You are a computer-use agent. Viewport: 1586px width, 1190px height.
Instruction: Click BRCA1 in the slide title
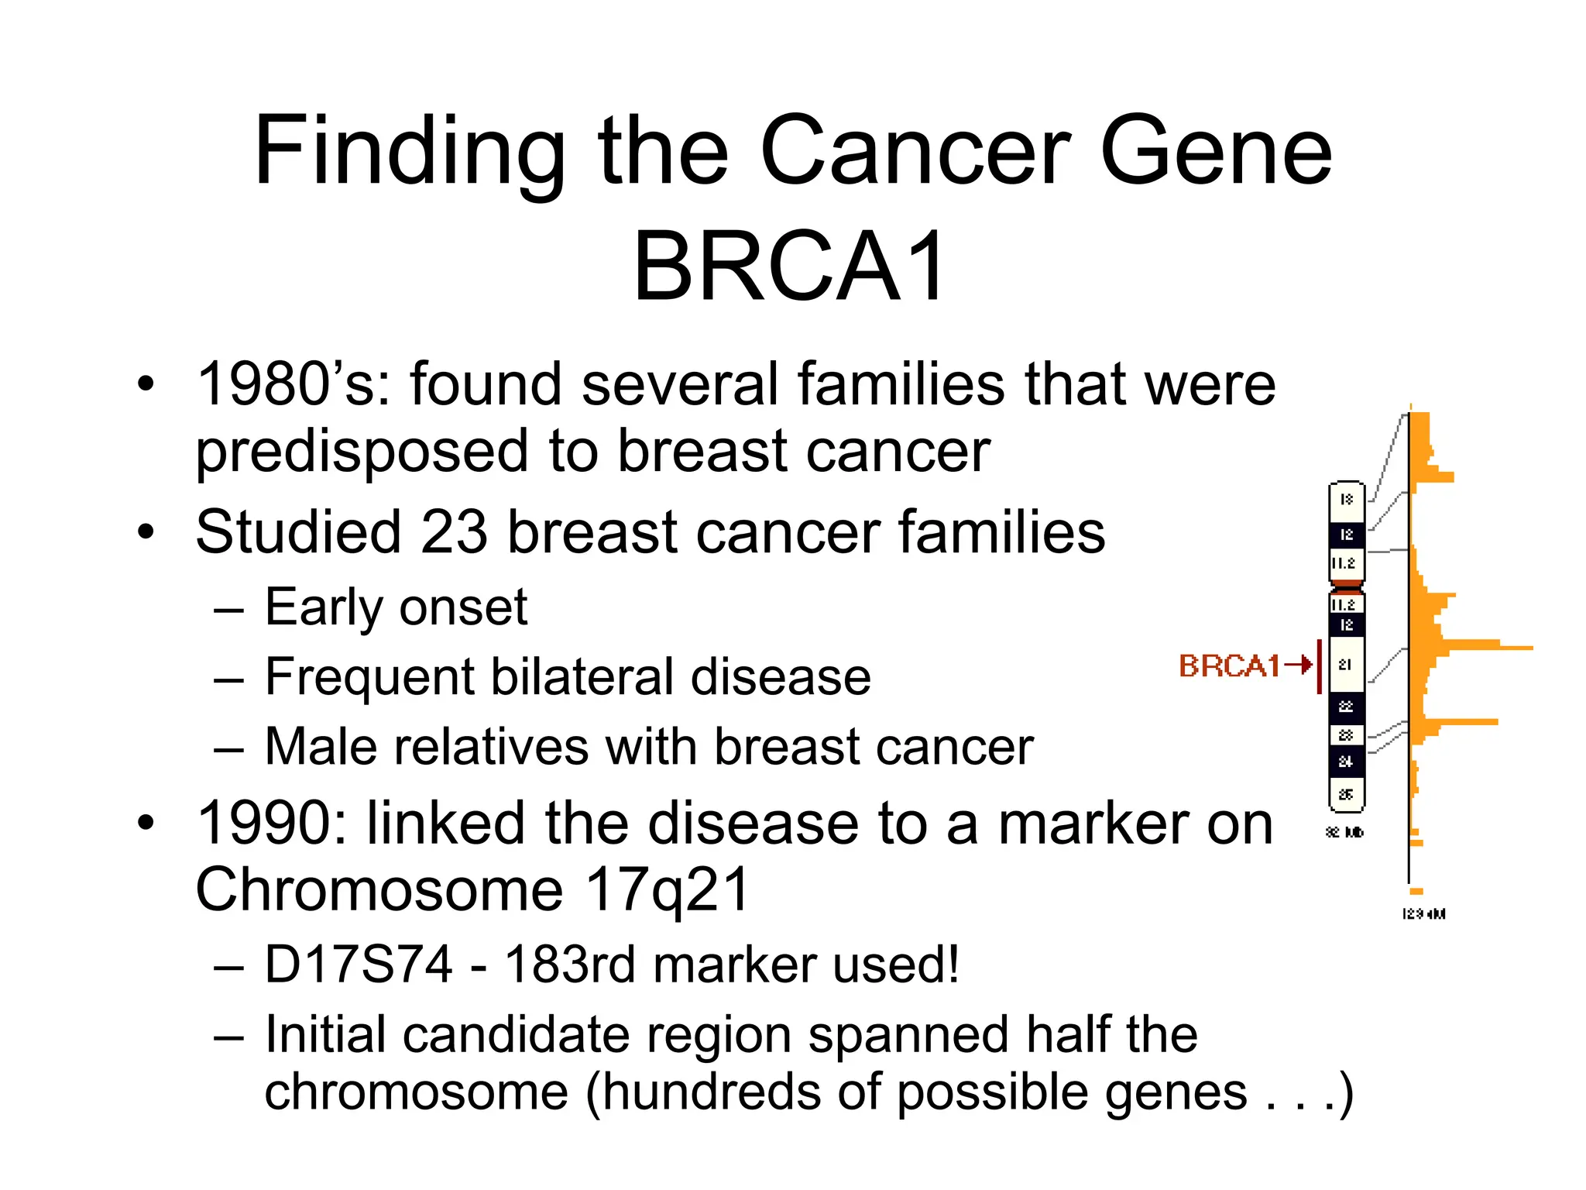tap(790, 267)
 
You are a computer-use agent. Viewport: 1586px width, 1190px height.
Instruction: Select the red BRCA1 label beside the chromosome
tap(1229, 666)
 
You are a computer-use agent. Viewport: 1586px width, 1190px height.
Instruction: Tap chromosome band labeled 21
tap(1346, 664)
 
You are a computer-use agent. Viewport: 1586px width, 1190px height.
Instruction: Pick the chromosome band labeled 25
tap(1346, 794)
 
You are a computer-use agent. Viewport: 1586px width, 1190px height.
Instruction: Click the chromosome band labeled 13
tap(1346, 500)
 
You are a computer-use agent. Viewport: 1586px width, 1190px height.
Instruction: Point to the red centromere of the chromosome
tap(1347, 585)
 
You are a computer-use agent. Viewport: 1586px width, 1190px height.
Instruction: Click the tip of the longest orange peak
tap(1529, 648)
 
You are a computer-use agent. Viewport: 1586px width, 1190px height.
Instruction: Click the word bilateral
tap(582, 677)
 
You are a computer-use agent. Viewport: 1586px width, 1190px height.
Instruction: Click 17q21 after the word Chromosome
tap(667, 890)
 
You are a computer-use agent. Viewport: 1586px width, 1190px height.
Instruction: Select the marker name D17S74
tap(359, 965)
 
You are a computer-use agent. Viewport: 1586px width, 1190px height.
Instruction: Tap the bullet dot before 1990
tap(146, 823)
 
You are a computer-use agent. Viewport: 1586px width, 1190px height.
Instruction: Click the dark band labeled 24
tap(1346, 762)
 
